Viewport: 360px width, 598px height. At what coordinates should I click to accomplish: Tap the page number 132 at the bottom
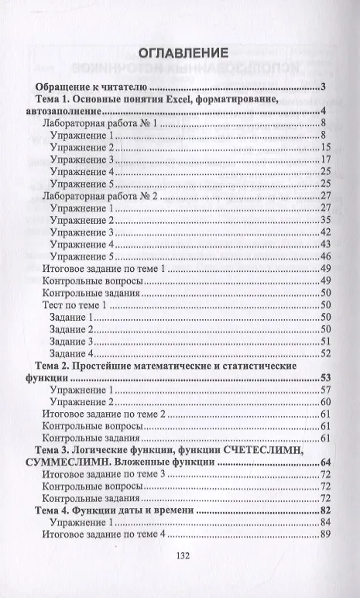coord(183,555)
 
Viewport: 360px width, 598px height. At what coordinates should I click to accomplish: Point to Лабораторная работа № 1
coord(101,123)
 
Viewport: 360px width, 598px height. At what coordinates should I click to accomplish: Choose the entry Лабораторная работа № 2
coord(101,197)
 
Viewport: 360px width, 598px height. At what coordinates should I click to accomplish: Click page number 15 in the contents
coord(325,147)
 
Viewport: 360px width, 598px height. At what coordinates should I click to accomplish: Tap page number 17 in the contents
coord(325,160)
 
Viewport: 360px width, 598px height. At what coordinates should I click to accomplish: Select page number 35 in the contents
coord(325,221)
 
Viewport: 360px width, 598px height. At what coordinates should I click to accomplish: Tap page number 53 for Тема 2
coord(325,378)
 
